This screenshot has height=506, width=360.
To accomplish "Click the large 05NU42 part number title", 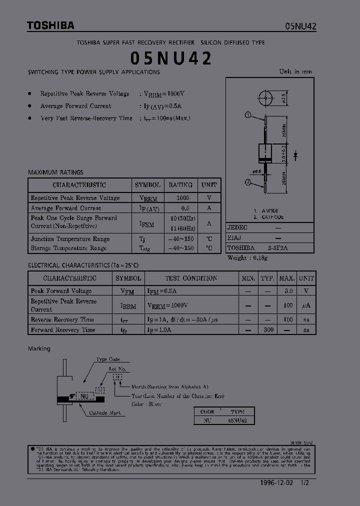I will (x=171, y=58).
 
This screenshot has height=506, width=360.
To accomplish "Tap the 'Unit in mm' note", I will (x=295, y=71).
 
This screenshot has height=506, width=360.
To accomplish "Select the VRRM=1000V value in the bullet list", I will (x=164, y=93).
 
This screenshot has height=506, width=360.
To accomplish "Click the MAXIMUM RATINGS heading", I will (x=55, y=172).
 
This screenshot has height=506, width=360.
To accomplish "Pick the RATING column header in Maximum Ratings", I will (x=180, y=185).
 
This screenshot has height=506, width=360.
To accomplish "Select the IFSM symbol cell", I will (x=147, y=224).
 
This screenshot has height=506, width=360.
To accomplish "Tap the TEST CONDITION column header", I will (x=191, y=278).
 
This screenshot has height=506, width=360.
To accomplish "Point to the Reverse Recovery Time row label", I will (x=62, y=319).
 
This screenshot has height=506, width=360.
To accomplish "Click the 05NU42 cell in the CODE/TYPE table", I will (x=237, y=421).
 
